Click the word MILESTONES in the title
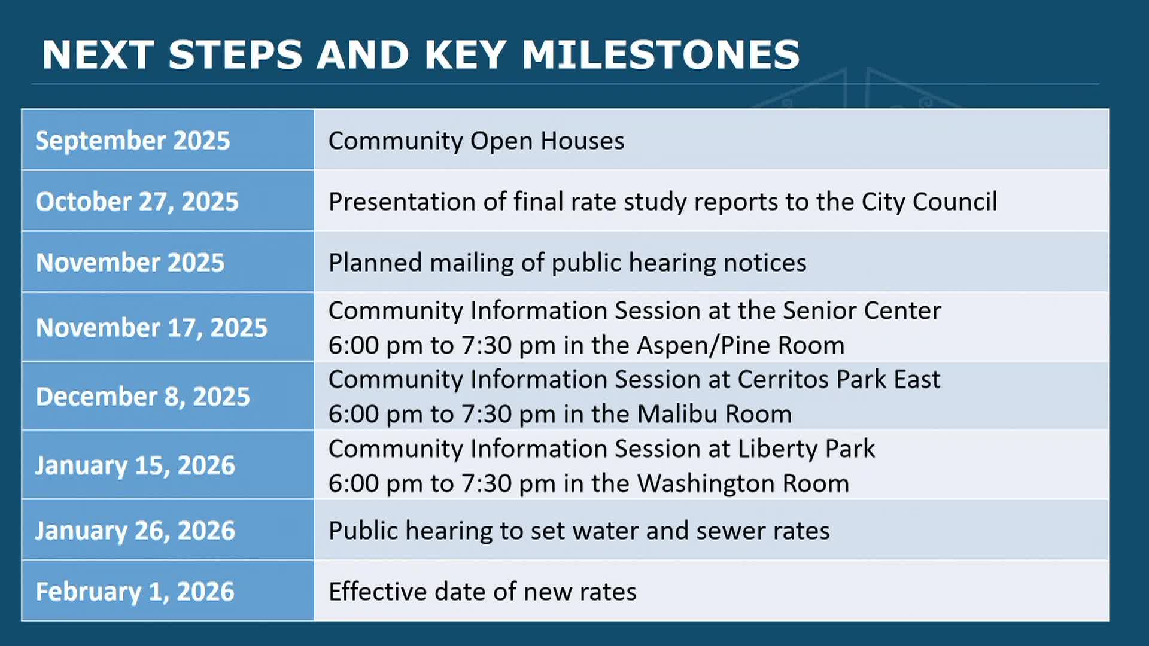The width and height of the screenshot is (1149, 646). pos(661,55)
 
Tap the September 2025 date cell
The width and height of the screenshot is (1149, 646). pos(168,140)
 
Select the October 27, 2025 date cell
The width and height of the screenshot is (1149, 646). pos(168,201)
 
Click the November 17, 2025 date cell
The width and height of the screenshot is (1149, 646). pos(168,327)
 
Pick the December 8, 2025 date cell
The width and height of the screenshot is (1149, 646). pos(168,396)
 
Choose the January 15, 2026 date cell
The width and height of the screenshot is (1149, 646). pos(168,465)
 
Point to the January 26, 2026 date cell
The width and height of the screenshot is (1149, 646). pos(168,530)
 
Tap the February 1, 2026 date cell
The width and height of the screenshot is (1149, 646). pos(168,591)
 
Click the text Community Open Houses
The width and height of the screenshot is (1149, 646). pos(476,141)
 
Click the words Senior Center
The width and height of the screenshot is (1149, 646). pos(862,310)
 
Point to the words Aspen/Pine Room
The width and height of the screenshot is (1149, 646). pos(740,346)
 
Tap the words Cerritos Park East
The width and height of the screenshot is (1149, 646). pos(839,379)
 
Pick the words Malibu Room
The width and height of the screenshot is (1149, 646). pos(715,414)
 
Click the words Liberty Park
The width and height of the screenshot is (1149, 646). pos(806,449)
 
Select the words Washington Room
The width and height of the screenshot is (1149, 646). pos(743,484)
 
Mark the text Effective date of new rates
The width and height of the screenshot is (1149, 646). pos(482,592)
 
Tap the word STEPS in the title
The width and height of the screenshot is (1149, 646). pos(235,55)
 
